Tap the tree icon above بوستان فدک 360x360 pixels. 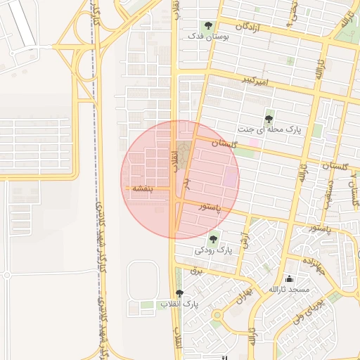coord(207,25)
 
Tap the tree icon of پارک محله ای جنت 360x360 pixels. coord(268,119)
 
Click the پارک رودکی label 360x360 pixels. coord(213,250)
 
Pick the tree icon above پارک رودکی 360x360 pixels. coord(213,239)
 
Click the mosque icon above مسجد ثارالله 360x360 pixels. coord(289,279)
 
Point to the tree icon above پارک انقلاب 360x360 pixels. coord(180,293)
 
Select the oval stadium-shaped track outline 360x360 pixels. coord(143,278)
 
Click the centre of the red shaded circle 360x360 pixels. coord(180,180)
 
